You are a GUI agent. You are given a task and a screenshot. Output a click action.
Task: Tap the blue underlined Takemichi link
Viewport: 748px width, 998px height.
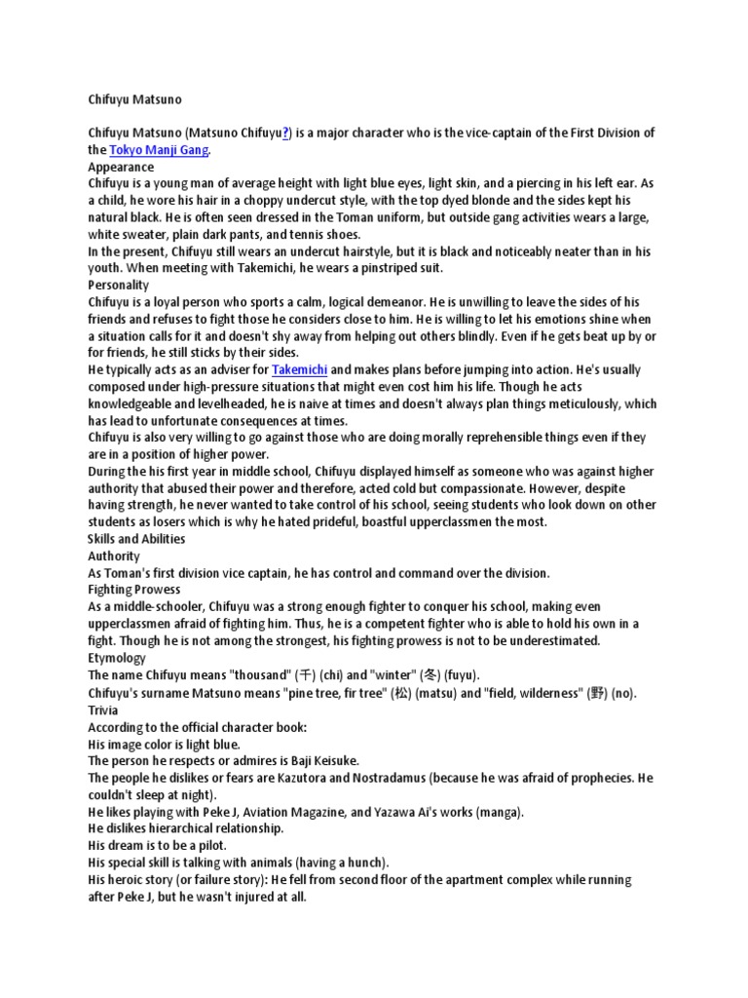click(x=299, y=369)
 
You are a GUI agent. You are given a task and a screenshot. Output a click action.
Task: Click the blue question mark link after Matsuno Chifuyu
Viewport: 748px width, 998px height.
click(x=286, y=134)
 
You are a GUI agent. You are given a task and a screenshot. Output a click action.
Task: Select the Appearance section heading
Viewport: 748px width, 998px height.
click(x=121, y=167)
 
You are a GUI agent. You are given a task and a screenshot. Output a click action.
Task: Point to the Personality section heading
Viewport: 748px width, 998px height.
click(x=118, y=285)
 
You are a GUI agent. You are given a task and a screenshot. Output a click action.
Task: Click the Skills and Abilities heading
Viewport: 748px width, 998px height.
click(x=136, y=538)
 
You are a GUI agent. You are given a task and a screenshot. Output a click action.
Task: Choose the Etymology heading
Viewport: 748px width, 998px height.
click(x=117, y=657)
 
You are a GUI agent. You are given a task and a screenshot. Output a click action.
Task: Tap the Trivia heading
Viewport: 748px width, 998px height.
click(x=103, y=709)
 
